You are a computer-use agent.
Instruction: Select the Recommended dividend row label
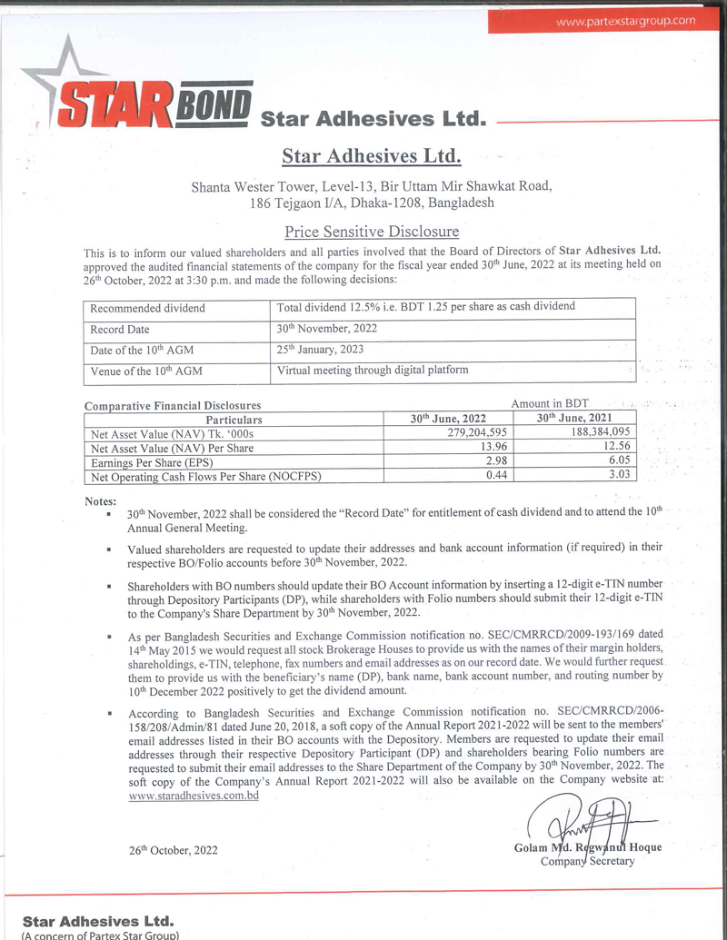[148, 308]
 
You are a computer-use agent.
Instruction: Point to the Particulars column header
[234, 420]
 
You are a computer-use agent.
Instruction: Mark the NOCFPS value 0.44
[495, 474]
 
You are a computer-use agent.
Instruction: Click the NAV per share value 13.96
[492, 447]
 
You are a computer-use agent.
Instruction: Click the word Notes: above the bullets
[100, 500]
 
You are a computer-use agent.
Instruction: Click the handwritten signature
[582, 822]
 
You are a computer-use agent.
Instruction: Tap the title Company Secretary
[588, 861]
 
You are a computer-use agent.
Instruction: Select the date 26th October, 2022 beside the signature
[173, 850]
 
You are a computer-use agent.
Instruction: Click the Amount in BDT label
[550, 403]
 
